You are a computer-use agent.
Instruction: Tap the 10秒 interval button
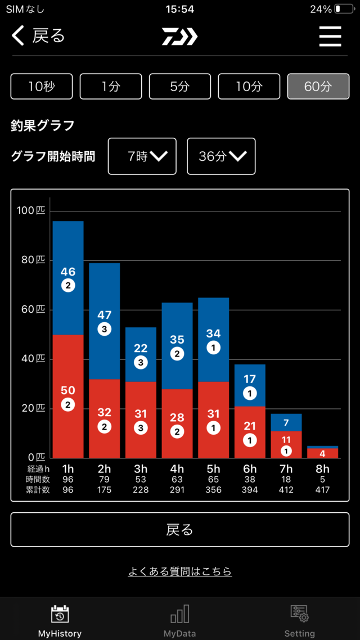pos(41,87)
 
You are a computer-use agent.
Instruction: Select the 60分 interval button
pos(318,87)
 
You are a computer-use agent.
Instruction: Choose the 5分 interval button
pos(179,87)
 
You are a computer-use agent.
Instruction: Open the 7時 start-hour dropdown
pos(142,156)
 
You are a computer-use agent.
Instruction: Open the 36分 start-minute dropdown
pos(221,156)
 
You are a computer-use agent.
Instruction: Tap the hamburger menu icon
pos(330,37)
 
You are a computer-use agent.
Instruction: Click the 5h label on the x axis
pos(213,469)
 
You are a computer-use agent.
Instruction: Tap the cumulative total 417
pos(322,490)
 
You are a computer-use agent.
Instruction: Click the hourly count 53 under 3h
pos(141,480)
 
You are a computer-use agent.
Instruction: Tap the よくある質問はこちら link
pos(180,571)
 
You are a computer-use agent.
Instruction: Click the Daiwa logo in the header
pos(180,37)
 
